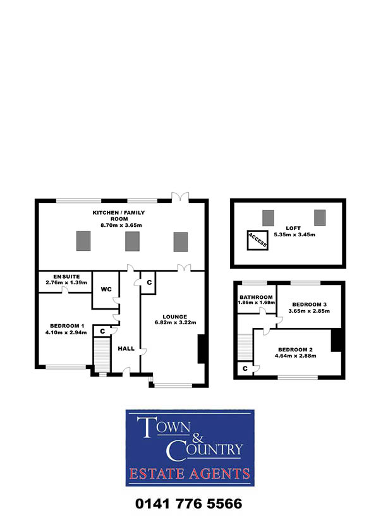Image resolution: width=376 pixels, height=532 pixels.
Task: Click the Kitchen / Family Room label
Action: pos(119,215)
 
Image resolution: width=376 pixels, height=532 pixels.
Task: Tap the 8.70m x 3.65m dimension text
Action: pos(121,225)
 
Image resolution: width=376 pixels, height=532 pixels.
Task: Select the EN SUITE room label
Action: pos(66,277)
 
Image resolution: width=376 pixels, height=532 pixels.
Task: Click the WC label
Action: pos(106,289)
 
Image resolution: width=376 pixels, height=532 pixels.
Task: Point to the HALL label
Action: pos(126,348)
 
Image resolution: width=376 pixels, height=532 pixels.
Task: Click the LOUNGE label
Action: pos(175,317)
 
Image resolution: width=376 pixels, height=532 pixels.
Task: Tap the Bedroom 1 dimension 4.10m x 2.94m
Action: pos(66,332)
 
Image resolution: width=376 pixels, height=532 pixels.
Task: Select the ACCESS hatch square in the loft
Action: pos(258,241)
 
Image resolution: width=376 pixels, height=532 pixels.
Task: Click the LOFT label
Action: pos(293,228)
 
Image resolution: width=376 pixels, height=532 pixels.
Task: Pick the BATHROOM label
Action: pos(256,297)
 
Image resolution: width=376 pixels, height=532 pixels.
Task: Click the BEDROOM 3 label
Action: pos(309,305)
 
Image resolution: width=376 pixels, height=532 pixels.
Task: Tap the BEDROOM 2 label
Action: pos(295,349)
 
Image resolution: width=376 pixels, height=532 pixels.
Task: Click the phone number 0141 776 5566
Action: pos(189,504)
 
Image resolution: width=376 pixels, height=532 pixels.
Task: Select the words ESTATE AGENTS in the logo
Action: pos(190,474)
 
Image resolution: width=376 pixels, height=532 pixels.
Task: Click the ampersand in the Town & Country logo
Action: pos(198,438)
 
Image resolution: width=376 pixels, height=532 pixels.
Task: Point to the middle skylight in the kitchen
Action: pos(132,241)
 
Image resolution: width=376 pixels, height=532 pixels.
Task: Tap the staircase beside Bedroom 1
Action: pos(102,354)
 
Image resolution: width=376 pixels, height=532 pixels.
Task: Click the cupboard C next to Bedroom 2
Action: pos(245,368)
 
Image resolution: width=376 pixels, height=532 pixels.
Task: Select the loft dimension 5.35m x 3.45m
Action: pos(294,234)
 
